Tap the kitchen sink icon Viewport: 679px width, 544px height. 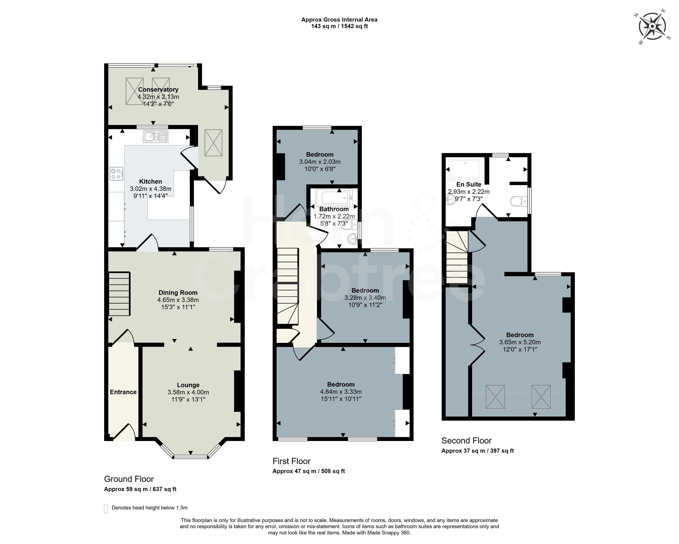[x=156, y=136]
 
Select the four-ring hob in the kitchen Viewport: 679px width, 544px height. [x=116, y=174]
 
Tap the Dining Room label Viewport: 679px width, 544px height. [x=178, y=293]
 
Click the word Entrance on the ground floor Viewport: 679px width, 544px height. [x=123, y=392]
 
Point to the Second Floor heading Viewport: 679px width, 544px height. [x=466, y=440]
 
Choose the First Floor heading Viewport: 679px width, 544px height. [x=291, y=461]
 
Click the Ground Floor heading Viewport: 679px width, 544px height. [x=129, y=479]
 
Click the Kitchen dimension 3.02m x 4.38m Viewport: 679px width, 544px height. [x=150, y=189]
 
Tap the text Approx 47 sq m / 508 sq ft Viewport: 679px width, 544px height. [x=309, y=471]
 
